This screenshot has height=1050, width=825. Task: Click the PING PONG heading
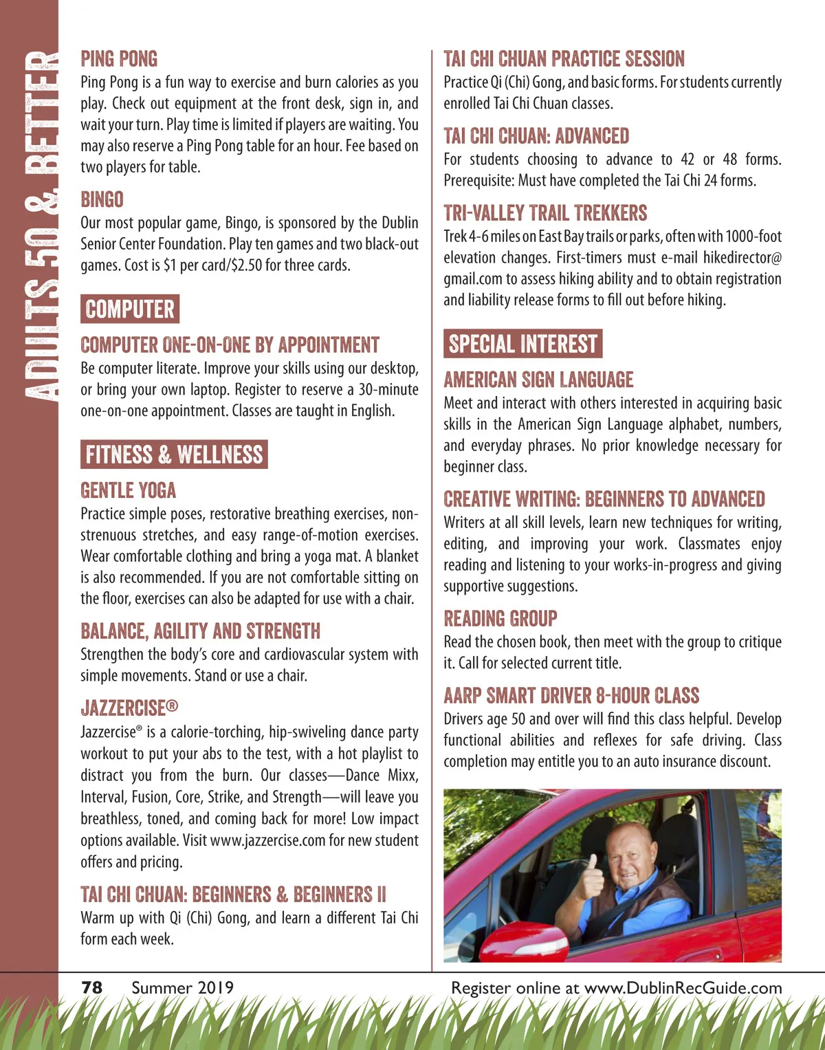pyautogui.click(x=119, y=59)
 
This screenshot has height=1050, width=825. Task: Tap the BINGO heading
pyautogui.click(x=102, y=200)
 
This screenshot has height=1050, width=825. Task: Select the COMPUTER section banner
pyautogui.click(x=130, y=309)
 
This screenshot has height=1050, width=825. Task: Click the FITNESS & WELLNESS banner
pyautogui.click(x=174, y=455)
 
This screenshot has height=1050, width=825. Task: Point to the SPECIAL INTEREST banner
pyautogui.click(x=523, y=344)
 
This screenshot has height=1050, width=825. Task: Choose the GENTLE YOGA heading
pyautogui.click(x=128, y=491)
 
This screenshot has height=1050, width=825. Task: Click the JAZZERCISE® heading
pyautogui.click(x=129, y=708)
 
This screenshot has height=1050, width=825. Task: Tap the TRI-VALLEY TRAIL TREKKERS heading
pyautogui.click(x=545, y=213)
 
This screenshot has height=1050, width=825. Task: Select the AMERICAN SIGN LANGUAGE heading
pyautogui.click(x=538, y=380)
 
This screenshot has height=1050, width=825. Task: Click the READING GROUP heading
pyautogui.click(x=500, y=619)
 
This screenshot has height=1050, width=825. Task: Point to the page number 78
pyautogui.click(x=92, y=988)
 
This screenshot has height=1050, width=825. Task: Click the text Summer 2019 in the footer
pyautogui.click(x=182, y=988)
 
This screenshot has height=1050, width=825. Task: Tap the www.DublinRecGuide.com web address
pyautogui.click(x=683, y=988)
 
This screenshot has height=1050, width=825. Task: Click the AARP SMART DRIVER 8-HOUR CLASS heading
pyautogui.click(x=571, y=696)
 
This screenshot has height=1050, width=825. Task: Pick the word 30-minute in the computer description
pyautogui.click(x=388, y=390)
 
